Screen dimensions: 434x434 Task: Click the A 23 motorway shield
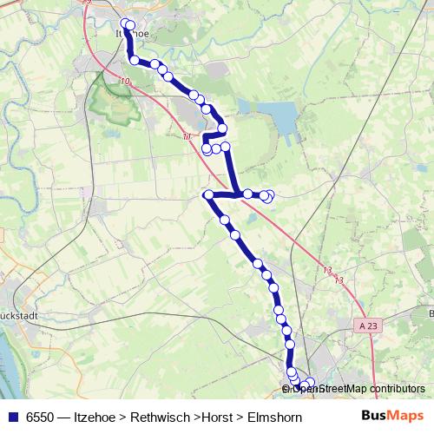(x=367, y=324)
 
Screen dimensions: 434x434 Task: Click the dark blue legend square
(x=12, y=418)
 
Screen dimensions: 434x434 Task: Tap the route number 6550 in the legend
(x=40, y=418)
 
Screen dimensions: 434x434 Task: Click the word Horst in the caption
(x=217, y=418)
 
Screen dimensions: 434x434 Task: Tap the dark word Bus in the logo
(x=374, y=417)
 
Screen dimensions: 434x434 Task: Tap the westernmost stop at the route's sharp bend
(x=208, y=194)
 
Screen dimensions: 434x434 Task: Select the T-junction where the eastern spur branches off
(x=235, y=195)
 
